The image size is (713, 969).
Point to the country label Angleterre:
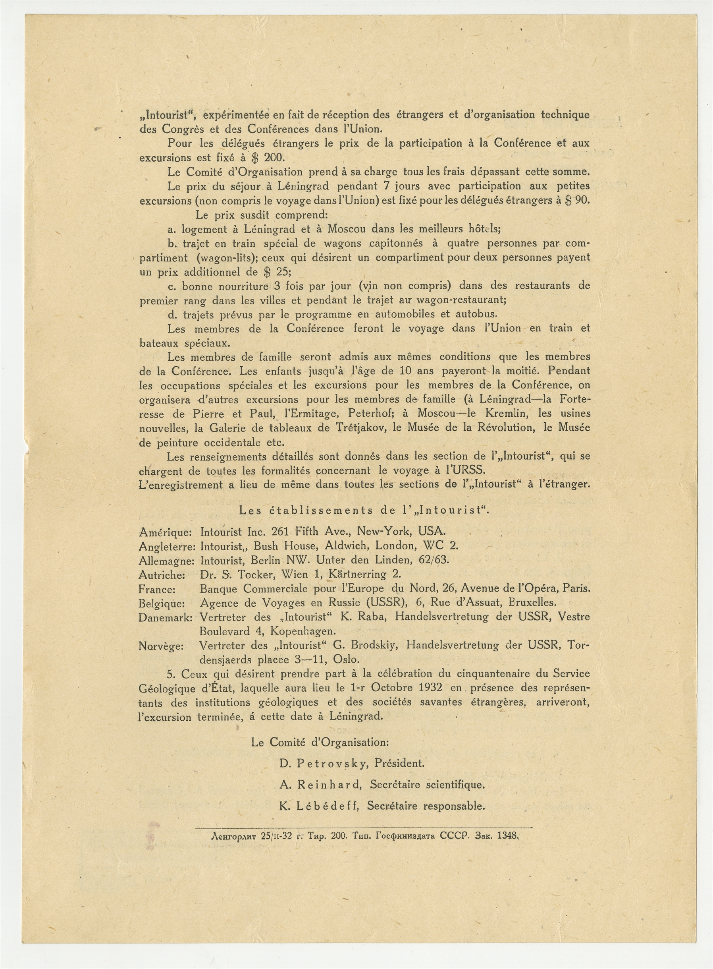point(167,546)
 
